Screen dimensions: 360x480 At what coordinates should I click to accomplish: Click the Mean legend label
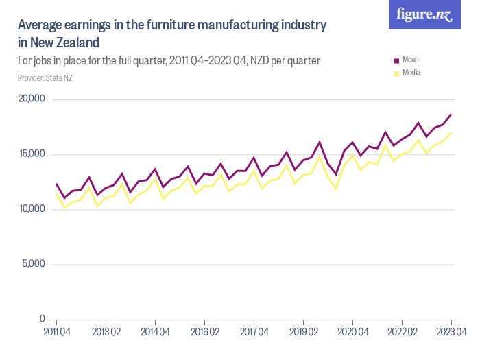411,60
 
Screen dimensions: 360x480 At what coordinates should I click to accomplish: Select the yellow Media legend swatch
395,73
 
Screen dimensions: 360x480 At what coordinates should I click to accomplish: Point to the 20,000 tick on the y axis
31,99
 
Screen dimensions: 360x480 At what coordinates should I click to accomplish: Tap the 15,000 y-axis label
31,154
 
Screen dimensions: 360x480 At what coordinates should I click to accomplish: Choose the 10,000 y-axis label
31,209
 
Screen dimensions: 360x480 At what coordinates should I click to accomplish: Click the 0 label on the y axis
42,320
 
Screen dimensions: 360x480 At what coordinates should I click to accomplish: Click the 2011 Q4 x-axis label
56,333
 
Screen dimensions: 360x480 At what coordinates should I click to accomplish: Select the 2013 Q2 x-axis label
106,333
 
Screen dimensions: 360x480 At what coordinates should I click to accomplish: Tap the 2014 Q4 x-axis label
155,333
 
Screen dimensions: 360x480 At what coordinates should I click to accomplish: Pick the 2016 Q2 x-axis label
204,333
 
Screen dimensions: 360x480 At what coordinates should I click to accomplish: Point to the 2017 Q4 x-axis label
254,333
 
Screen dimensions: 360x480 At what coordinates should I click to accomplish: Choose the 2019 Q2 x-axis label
303,333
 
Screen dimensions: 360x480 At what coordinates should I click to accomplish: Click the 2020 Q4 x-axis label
352,333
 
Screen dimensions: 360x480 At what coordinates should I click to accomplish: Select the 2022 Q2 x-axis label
402,333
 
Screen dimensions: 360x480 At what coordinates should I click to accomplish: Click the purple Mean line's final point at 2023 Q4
451,115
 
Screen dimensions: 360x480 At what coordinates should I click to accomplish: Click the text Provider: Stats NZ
45,78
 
